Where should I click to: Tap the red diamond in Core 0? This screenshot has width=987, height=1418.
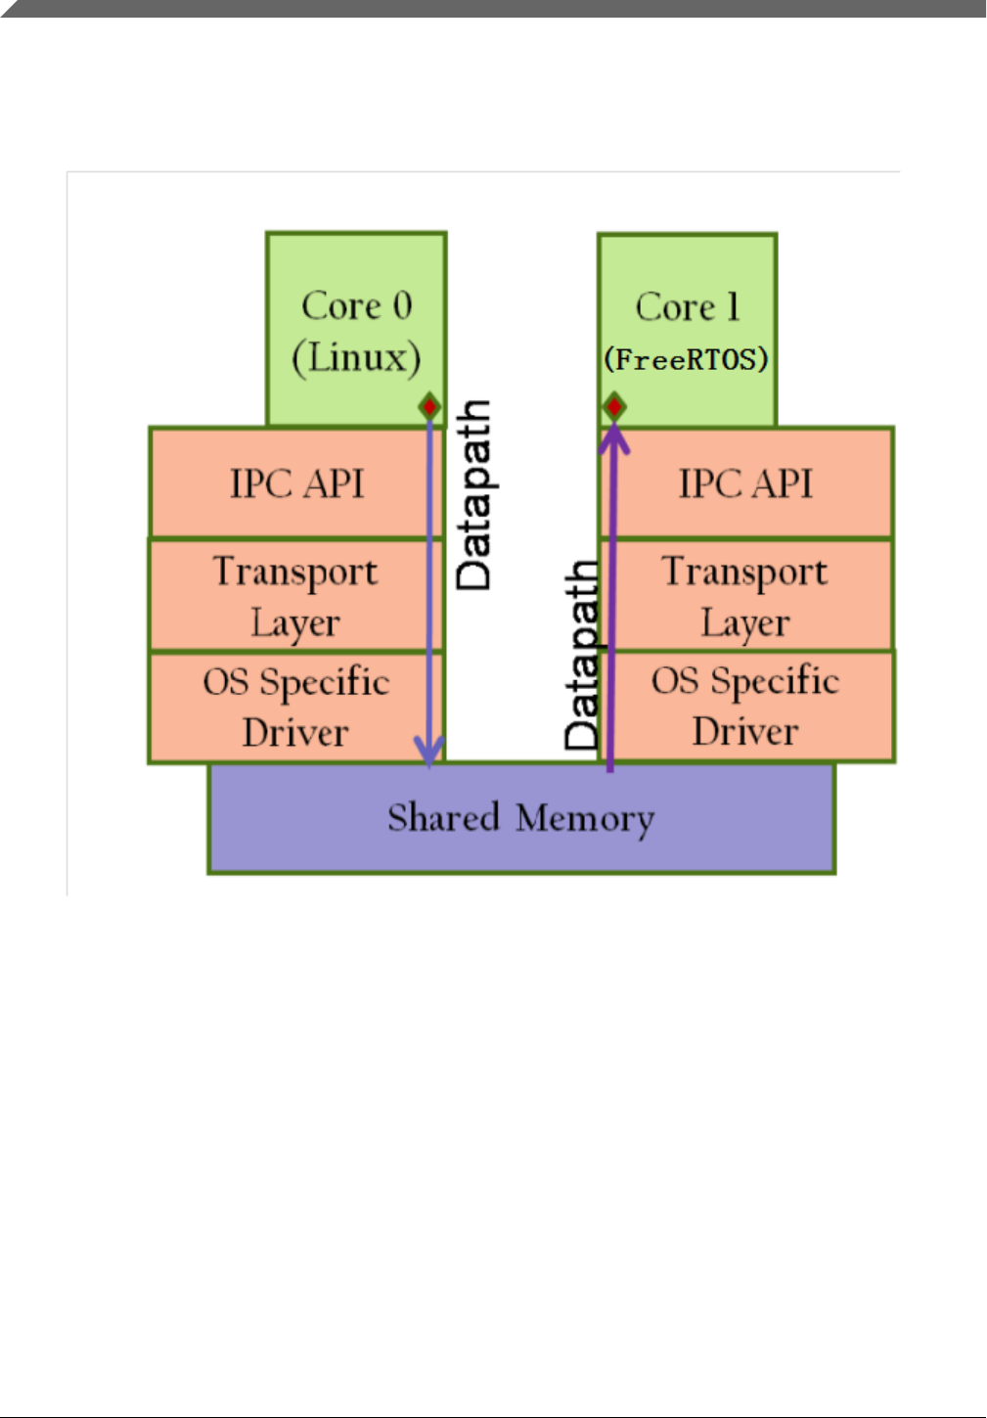[x=429, y=406]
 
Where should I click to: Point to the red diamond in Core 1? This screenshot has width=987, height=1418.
[x=613, y=406]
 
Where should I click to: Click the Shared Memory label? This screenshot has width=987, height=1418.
[x=520, y=818]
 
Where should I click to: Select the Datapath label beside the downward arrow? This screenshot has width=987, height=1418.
[x=475, y=494]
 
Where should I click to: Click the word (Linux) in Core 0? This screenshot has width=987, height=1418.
[x=356, y=357]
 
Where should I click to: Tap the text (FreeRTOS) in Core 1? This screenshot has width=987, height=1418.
[x=686, y=359]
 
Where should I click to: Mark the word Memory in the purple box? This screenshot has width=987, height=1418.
[x=585, y=819]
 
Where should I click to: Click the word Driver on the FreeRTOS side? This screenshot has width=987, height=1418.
[x=745, y=732]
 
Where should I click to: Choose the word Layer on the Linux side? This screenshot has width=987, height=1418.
[x=294, y=623]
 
